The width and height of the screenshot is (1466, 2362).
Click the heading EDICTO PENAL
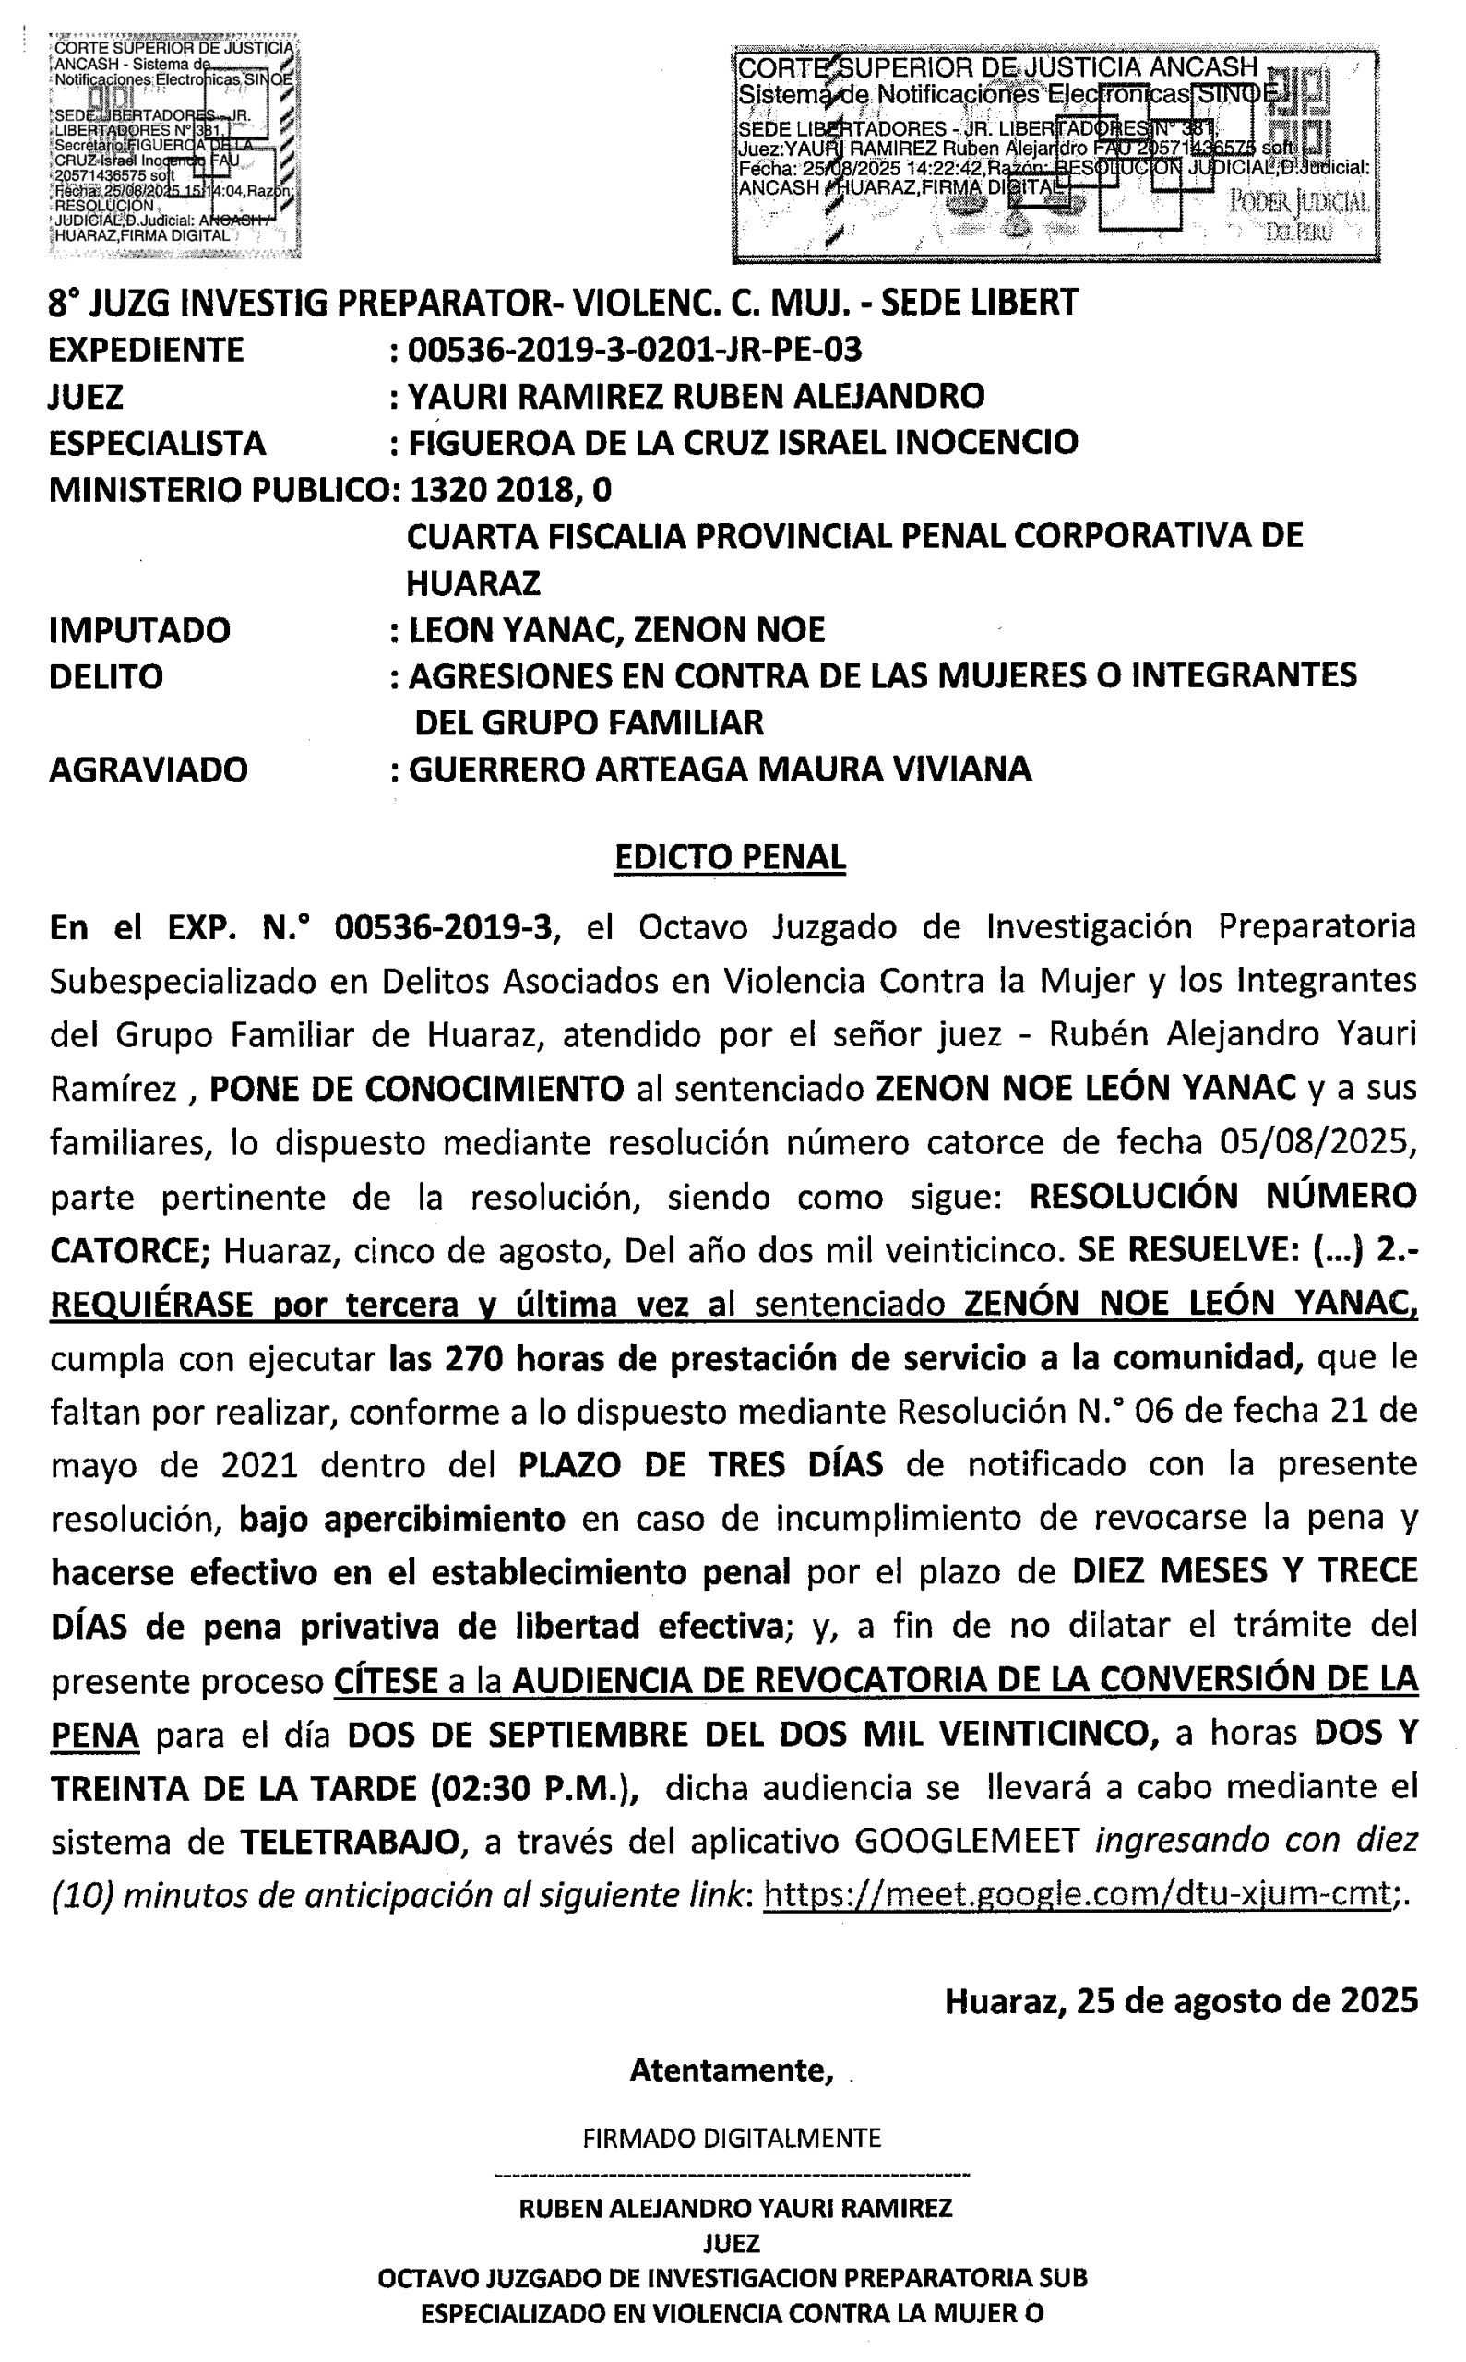click(730, 857)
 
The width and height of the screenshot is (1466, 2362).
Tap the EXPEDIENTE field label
click(147, 349)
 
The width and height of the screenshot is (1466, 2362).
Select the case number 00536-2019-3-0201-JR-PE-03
click(635, 349)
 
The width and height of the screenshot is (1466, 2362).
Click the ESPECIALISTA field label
click(157, 443)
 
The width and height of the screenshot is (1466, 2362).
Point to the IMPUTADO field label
click(139, 630)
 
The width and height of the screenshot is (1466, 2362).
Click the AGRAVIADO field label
click(149, 769)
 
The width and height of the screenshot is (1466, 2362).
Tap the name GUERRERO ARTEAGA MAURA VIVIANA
click(720, 769)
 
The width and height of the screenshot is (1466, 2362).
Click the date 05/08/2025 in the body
click(1309, 1142)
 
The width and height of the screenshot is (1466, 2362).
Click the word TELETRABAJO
click(350, 1841)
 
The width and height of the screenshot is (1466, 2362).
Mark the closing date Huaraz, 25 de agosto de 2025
click(1181, 2000)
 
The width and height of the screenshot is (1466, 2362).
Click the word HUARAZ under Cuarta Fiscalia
click(472, 583)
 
